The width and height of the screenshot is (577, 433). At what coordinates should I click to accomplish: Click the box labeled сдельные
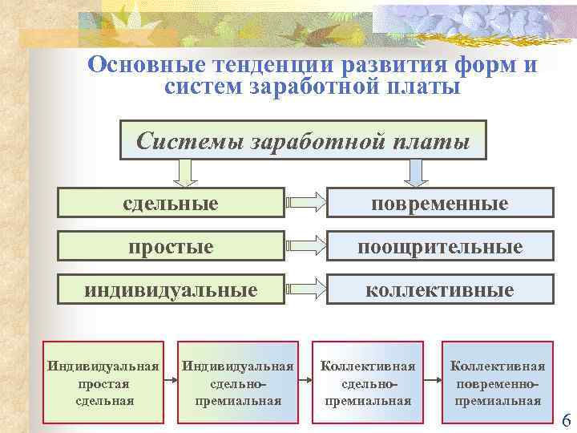(x=171, y=202)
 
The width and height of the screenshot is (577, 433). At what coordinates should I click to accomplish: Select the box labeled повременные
(x=439, y=202)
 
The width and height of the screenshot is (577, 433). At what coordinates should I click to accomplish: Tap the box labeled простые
(x=171, y=245)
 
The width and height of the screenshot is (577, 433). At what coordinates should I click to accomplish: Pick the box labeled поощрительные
(x=439, y=245)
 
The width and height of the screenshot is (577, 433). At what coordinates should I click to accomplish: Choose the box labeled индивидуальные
(x=171, y=289)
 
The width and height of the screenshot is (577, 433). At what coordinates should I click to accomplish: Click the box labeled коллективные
(x=439, y=289)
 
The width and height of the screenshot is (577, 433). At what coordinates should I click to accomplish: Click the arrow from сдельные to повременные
(x=305, y=202)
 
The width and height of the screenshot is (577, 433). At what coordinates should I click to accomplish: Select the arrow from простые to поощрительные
(x=305, y=245)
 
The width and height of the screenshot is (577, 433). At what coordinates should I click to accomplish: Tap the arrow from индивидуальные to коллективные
(x=305, y=289)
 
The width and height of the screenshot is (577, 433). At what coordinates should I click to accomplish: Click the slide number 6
(x=567, y=420)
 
